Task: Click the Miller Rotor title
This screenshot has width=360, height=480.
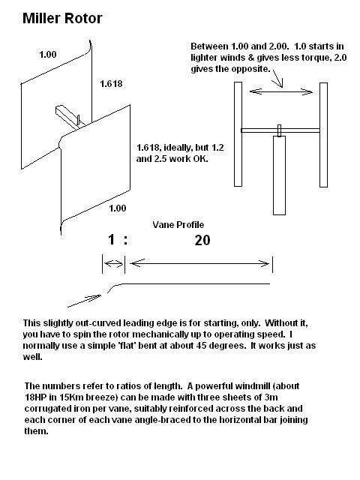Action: coord(62,18)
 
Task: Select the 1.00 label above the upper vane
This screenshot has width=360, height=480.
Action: coord(48,55)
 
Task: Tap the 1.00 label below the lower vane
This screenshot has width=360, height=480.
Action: coord(118,208)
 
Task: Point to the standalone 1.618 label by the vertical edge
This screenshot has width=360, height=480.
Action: coord(111,83)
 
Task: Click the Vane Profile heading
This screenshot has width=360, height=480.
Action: coord(178,225)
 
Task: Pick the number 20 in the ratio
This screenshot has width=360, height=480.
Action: coord(202,240)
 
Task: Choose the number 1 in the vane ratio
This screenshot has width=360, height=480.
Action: coord(112,239)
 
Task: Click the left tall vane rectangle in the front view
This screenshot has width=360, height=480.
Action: coord(238,134)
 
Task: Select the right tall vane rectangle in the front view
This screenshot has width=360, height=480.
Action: coord(323,135)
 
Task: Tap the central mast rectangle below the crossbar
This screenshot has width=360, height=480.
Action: coord(279,175)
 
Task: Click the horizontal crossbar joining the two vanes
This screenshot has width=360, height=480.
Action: coord(280,130)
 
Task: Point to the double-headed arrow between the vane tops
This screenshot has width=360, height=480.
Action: coord(281,91)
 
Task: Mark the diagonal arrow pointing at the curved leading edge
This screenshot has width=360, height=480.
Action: coord(84,301)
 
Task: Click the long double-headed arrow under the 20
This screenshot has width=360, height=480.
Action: coord(199,263)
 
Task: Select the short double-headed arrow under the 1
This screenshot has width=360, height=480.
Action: coord(113,263)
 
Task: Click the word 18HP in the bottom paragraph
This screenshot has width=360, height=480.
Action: coord(35,397)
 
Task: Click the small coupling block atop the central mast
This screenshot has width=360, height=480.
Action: coord(279,130)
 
